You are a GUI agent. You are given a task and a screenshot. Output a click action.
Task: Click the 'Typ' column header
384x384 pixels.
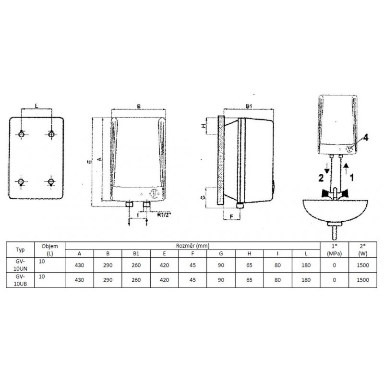coord(20,250)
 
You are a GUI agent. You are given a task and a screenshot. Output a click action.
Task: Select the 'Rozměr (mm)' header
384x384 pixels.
coord(192,246)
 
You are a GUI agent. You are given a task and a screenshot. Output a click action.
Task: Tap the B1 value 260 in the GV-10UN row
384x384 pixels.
coord(136,265)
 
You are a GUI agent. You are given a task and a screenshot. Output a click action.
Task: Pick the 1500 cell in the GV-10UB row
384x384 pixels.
coord(363,280)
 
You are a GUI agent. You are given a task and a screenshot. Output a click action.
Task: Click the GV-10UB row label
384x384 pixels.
coord(20,280)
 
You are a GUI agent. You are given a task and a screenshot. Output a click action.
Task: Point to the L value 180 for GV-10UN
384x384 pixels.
coord(306,265)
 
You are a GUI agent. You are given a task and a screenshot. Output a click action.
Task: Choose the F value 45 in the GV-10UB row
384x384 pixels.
coord(192,280)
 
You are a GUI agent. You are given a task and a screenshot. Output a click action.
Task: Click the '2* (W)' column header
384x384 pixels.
coord(363,250)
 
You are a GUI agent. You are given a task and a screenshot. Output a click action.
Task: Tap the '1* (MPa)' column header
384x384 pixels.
coord(334,250)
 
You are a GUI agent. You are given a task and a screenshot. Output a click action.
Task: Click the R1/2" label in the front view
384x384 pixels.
coord(164,215)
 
